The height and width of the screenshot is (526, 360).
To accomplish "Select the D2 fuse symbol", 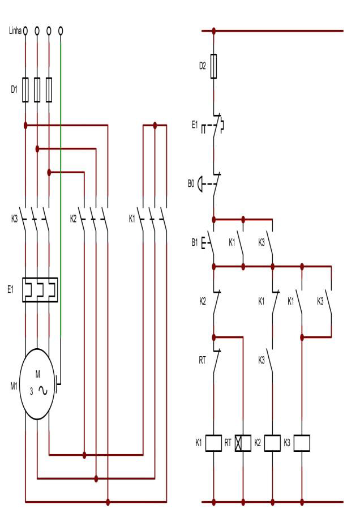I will click(214, 66).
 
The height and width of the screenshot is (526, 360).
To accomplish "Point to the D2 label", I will click(203, 66).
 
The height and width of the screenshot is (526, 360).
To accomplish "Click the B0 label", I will click(191, 183).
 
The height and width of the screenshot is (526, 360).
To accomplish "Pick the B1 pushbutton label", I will click(195, 242).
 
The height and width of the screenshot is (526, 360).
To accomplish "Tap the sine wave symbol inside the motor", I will click(43, 391).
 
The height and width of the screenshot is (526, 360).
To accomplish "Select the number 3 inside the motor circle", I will click(32, 391).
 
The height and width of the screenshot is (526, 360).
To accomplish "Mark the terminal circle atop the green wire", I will click(61, 29).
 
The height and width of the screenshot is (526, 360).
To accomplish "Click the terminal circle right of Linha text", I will click(25, 29).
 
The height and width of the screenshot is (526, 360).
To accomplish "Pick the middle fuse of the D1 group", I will click(37, 89).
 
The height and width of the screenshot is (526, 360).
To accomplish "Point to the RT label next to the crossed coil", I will click(228, 442).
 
